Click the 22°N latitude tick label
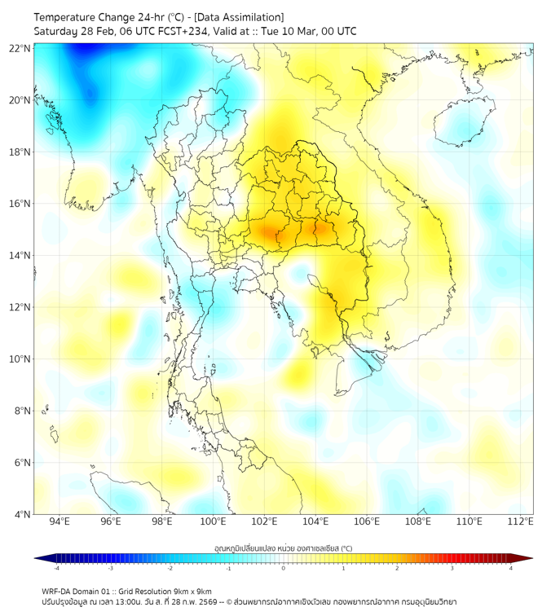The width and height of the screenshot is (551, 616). pyautogui.click(x=20, y=48)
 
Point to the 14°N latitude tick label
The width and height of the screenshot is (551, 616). pyautogui.click(x=20, y=255)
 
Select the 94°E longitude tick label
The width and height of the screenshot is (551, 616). pyautogui.click(x=60, y=521)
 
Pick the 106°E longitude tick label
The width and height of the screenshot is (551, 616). pyautogui.click(x=367, y=521)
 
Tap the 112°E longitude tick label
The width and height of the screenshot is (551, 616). pyautogui.click(x=520, y=521)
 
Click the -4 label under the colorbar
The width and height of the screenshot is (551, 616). pyautogui.click(x=55, y=568)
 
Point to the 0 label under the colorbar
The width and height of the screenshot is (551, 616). pyautogui.click(x=284, y=568)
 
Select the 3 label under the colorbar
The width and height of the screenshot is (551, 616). pyautogui.click(x=452, y=568)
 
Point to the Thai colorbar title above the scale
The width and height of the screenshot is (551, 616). pyautogui.click(x=283, y=548)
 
